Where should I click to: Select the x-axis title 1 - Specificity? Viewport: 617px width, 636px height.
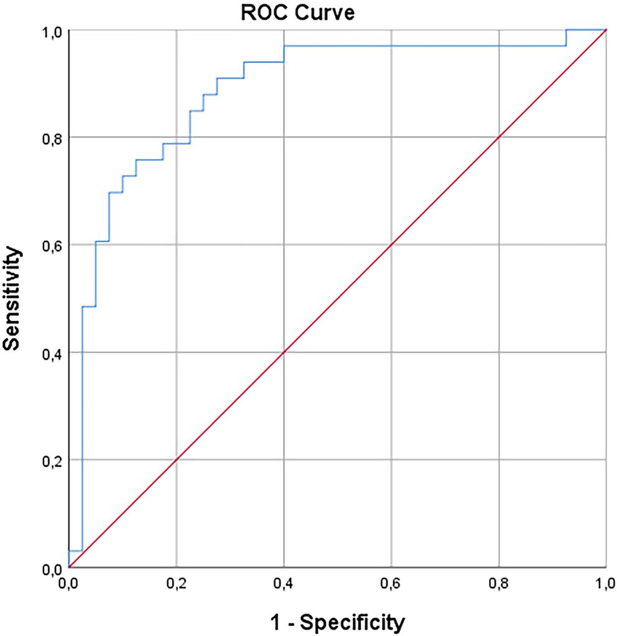tap(338, 622)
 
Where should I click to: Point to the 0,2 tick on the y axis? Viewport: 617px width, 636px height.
tap(52, 460)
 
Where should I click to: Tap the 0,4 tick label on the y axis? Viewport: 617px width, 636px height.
tap(52, 352)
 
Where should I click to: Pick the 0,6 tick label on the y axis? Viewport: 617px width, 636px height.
tap(52, 245)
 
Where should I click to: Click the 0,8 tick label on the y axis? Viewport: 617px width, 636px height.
tap(52, 137)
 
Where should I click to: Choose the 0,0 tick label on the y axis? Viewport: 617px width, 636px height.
tap(52, 568)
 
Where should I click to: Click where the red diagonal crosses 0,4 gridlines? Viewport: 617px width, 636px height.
tap(284, 352)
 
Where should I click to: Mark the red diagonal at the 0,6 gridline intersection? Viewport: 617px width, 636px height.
tap(391, 245)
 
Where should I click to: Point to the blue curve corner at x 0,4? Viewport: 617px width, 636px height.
tap(284, 45)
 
